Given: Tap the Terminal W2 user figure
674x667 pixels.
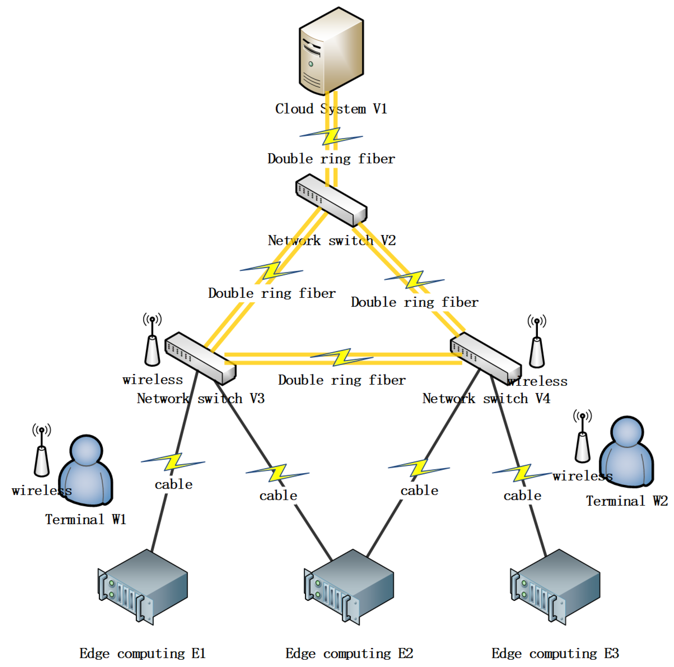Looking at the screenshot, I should (x=627, y=452).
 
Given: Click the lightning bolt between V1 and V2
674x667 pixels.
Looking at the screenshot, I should (x=331, y=136).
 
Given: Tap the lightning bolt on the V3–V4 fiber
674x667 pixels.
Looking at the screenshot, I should (x=341, y=357).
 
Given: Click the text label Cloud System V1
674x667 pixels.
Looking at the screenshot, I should (x=331, y=109).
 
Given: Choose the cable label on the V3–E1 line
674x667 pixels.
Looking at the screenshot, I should (x=174, y=484).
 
